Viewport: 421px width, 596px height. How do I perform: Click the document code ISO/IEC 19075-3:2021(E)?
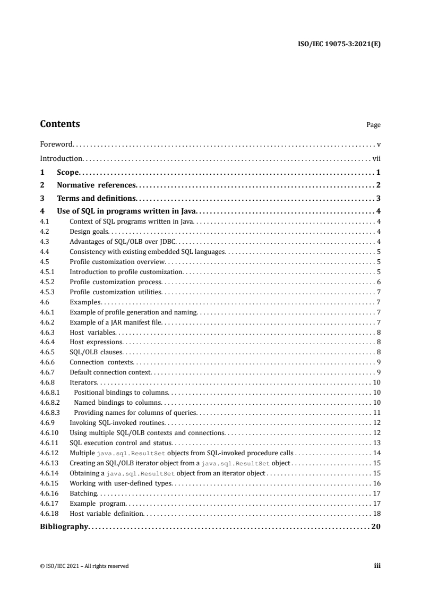point(338,44)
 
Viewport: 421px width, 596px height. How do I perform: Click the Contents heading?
point(60,124)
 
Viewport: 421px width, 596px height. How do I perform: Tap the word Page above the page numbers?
point(373,125)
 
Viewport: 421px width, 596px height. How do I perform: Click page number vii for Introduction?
point(376,158)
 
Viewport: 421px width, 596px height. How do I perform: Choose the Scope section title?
point(67,172)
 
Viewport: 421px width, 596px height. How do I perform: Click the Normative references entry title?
point(97,185)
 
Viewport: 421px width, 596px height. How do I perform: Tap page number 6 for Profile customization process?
point(379,282)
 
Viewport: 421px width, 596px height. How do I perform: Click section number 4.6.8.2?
point(50,403)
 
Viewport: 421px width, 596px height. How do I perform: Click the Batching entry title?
point(83,493)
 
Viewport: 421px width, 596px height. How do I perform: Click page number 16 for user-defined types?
point(377,483)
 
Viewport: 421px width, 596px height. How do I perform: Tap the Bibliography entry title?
point(64,527)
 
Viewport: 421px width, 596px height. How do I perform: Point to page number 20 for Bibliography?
point(376,527)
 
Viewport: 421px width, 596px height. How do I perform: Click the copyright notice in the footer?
point(84,566)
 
